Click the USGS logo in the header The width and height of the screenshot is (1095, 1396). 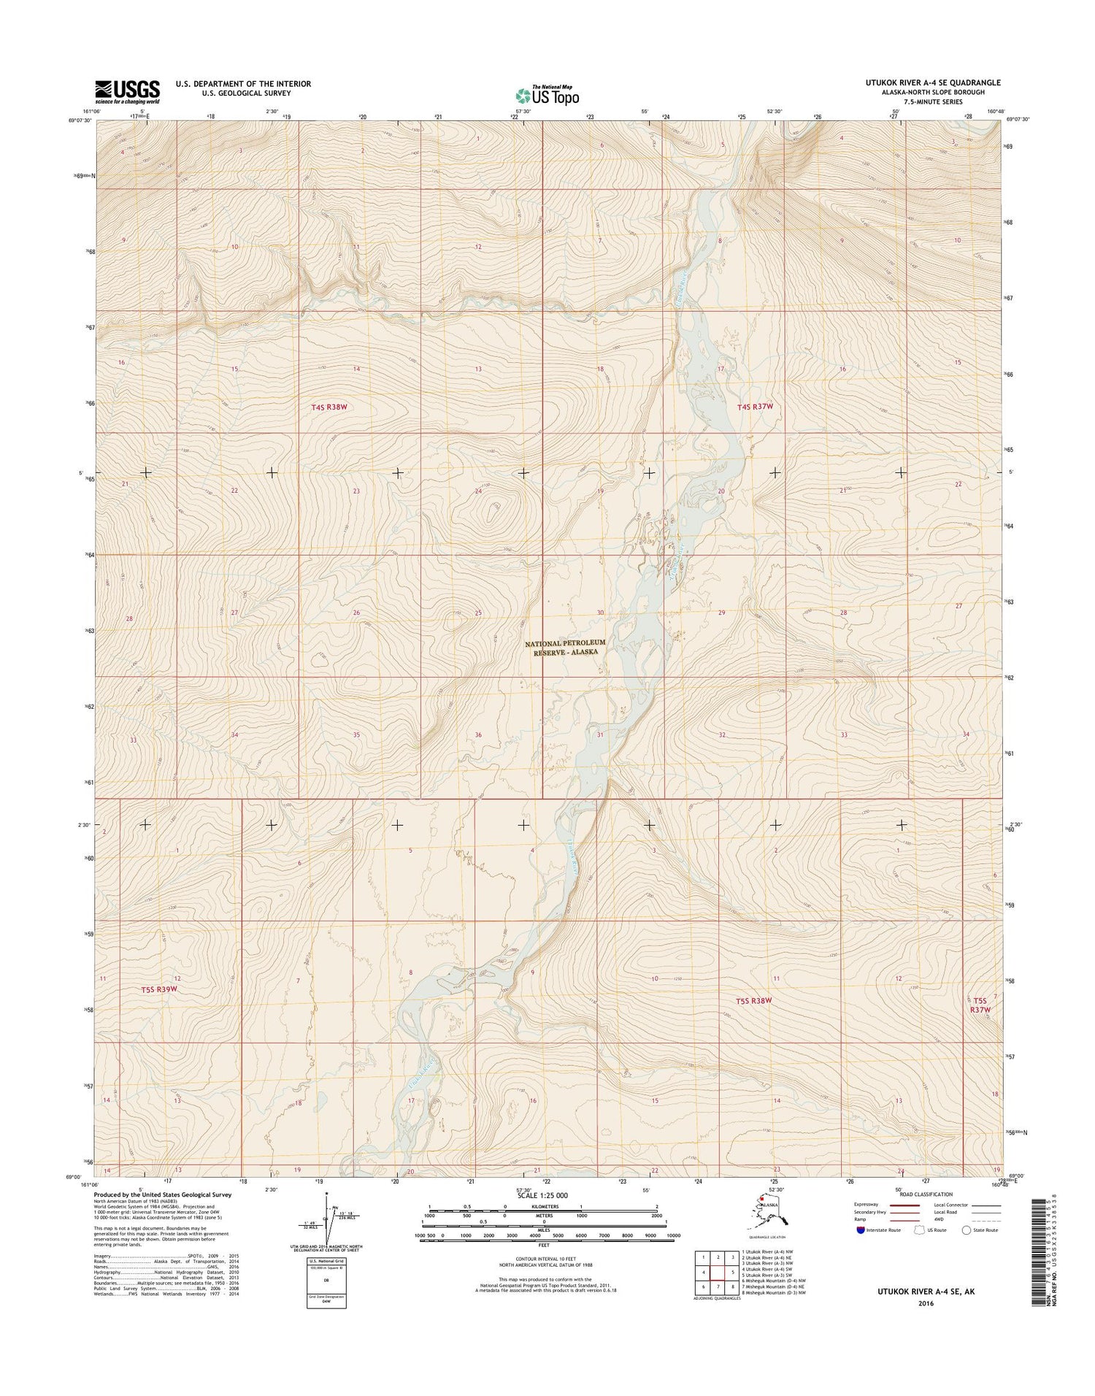pos(127,91)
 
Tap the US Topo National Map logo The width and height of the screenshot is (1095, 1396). pos(547,95)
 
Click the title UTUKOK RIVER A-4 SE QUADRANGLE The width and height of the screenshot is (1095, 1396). pos(932,83)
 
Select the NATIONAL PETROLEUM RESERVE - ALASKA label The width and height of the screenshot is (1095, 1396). pos(565,648)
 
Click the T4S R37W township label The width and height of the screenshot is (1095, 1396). pos(755,406)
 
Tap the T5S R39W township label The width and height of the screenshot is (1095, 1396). pos(160,989)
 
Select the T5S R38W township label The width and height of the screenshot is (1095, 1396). pos(753,1000)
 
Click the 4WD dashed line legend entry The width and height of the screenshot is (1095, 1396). pos(985,1219)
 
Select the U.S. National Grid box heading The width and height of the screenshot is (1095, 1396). pos(326,1261)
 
